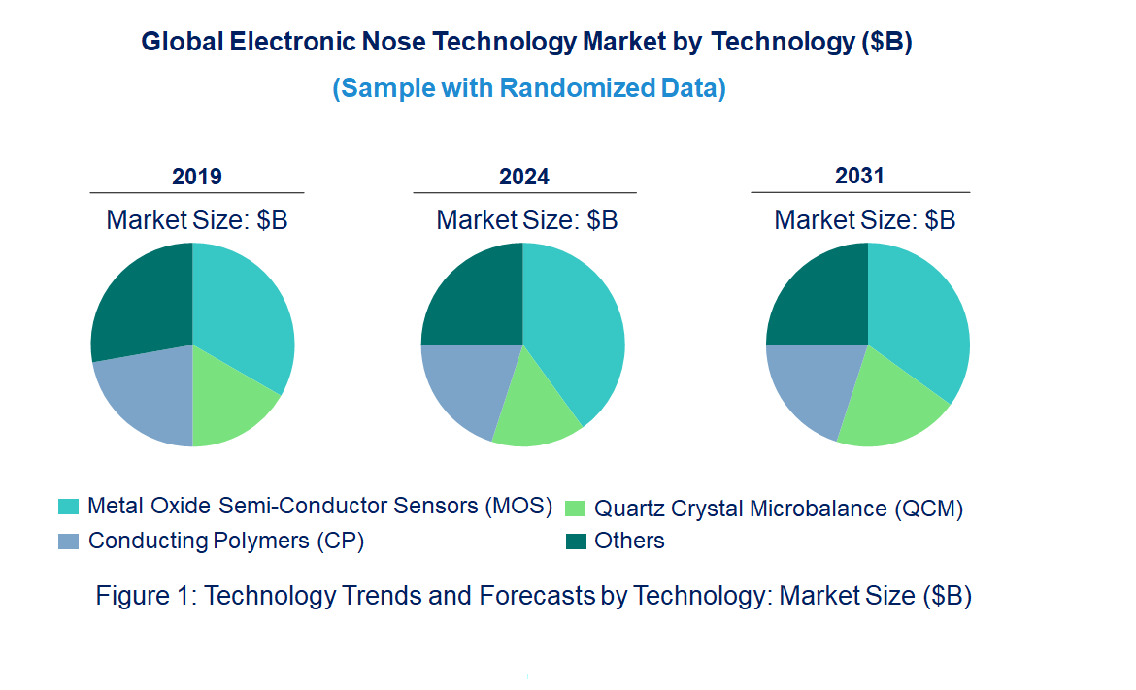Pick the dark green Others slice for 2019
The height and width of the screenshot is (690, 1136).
coord(141,301)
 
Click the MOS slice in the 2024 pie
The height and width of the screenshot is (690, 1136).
coord(578,330)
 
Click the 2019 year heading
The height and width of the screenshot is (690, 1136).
coord(197,177)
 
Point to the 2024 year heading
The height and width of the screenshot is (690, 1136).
coord(524,177)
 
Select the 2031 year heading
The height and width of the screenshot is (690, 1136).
coord(860,176)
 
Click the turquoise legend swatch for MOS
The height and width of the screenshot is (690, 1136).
coord(68,507)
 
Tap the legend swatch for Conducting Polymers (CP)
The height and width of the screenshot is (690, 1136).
coord(68,541)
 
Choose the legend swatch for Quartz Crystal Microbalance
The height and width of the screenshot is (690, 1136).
coord(575,508)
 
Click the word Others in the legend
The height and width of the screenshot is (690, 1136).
coord(629,542)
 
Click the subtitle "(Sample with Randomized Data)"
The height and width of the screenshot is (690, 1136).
coord(529,88)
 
